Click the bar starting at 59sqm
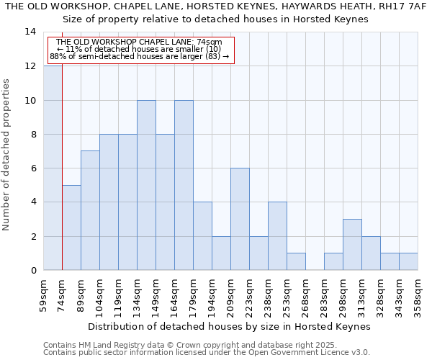(53, 168)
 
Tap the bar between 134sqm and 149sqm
(146, 185)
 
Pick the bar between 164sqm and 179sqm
(184, 185)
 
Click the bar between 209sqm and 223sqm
(240, 219)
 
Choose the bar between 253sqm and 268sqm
(296, 261)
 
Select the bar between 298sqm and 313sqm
(352, 245)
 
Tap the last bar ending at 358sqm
(408, 261)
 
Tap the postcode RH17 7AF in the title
(408, 6)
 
